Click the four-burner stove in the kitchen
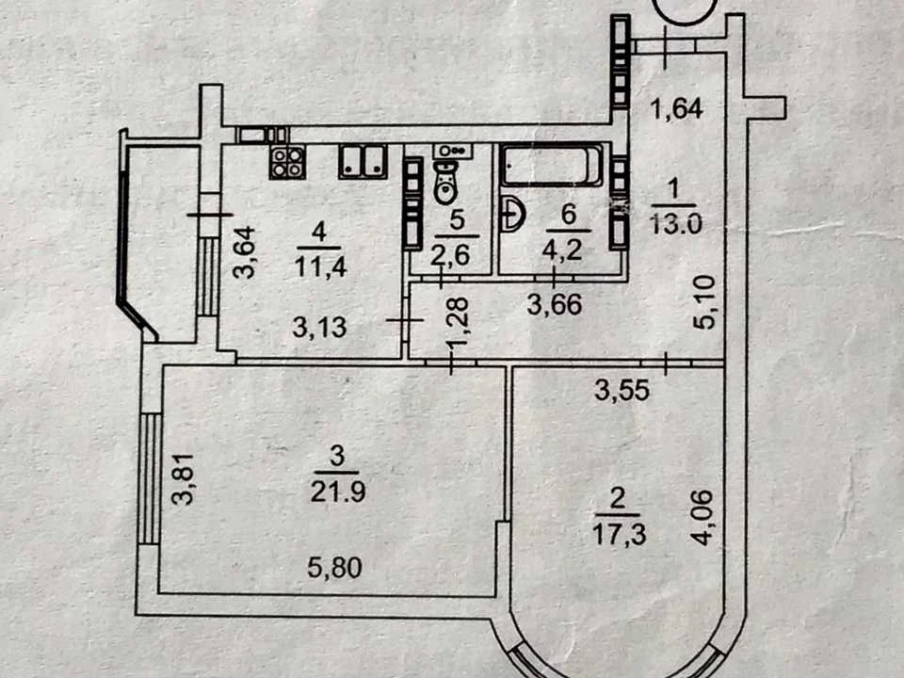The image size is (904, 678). coord(287,162)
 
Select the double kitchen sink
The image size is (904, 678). coord(363,161)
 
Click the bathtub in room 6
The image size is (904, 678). coord(552,166)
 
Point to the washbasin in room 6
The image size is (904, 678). coord(512,215)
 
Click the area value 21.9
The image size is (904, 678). coord(338,492)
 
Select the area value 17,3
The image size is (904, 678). coord(620,535)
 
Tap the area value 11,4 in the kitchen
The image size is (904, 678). coord(320,266)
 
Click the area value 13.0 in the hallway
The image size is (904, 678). coord(676,222)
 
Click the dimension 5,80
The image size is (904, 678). coord(334,569)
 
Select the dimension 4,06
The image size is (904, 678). coord(703,517)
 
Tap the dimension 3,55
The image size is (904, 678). coord(622,391)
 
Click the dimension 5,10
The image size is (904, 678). coord(705,302)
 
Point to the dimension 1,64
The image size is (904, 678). coord(677,108)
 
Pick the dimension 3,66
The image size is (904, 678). coord(555,304)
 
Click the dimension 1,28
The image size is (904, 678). coord(460,323)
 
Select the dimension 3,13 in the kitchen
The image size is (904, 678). coord(319,328)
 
